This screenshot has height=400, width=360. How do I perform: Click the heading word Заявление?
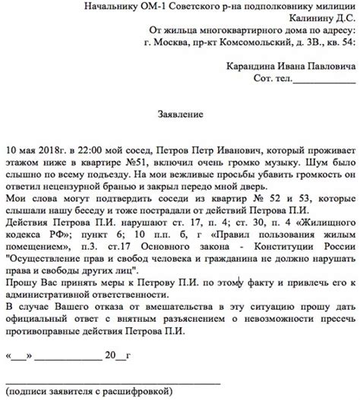pyautogui.click(x=179, y=115)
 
